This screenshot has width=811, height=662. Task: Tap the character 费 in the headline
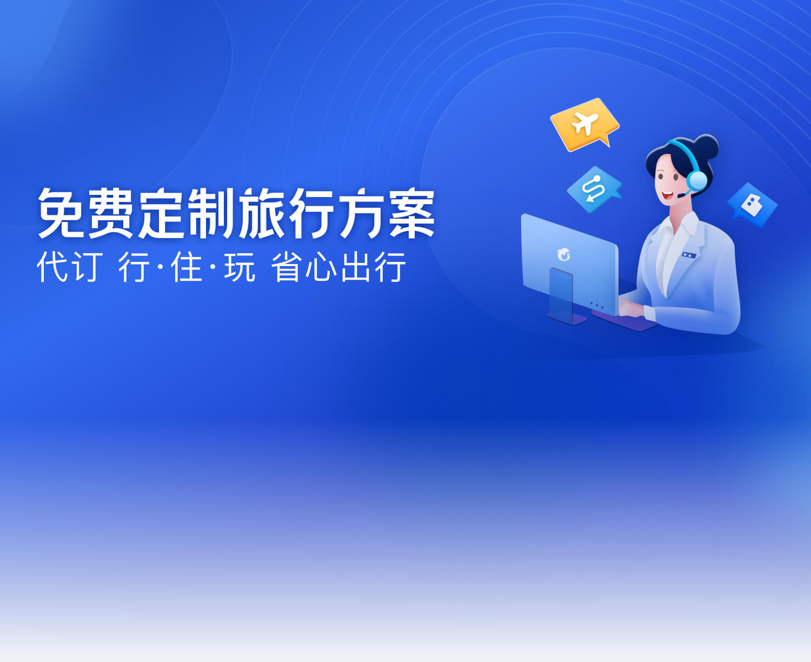pyautogui.click(x=111, y=213)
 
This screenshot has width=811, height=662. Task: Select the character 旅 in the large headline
pyautogui.click(x=262, y=213)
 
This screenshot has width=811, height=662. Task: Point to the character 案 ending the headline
pyautogui.click(x=412, y=213)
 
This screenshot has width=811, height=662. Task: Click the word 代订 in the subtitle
pyautogui.click(x=70, y=267)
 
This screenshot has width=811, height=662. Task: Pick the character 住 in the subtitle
pyautogui.click(x=187, y=267)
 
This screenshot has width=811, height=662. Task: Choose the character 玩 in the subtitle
pyautogui.click(x=240, y=267)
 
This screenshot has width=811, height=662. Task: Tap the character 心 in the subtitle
pyautogui.click(x=321, y=267)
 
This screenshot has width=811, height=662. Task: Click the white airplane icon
pyautogui.click(x=585, y=124)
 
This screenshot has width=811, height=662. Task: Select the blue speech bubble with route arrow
pyautogui.click(x=594, y=190)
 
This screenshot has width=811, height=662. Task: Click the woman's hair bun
pyautogui.click(x=706, y=146)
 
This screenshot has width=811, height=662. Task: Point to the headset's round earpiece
pyautogui.click(x=697, y=180)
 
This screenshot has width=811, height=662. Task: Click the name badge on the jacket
pyautogui.click(x=689, y=255)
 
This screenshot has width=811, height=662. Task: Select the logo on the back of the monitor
pyautogui.click(x=564, y=254)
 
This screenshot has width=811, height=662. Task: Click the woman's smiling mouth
pyautogui.click(x=668, y=195)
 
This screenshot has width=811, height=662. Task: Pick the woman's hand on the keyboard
pyautogui.click(x=630, y=307)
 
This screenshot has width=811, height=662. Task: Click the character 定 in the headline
pyautogui.click(x=161, y=213)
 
